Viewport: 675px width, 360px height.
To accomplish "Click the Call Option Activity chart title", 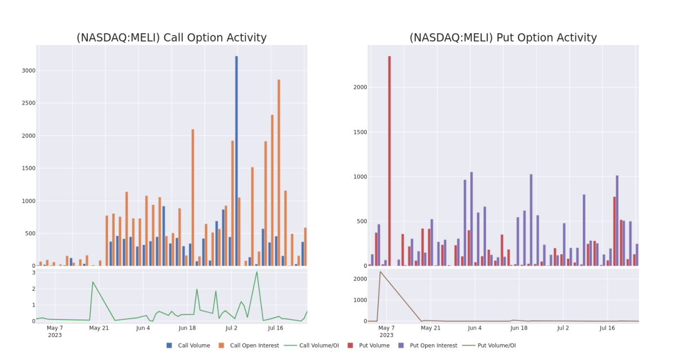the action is point(172,38).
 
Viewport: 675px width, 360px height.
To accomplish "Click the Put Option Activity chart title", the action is point(503,38).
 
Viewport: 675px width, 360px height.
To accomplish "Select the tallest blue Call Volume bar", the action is point(237,161).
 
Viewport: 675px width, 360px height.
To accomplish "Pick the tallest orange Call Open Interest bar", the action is point(279,173).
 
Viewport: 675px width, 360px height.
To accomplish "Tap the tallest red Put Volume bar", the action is point(389,161).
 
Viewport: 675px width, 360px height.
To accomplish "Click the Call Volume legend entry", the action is point(188,345).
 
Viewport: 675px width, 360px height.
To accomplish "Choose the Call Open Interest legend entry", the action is point(249,345).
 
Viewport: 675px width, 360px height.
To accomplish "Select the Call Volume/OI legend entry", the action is point(311,345).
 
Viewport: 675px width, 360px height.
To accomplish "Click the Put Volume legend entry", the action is point(368,345).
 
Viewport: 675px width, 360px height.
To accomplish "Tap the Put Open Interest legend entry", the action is point(427,345).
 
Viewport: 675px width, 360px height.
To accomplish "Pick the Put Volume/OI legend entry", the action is point(489,345).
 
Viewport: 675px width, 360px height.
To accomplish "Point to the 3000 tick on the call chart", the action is point(29,70).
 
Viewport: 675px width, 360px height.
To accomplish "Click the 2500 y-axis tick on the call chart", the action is point(29,103).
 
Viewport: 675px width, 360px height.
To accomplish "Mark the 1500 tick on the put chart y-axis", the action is point(360,132).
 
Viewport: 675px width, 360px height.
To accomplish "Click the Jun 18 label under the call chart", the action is point(187,328).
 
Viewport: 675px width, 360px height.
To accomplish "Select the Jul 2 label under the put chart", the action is point(563,328).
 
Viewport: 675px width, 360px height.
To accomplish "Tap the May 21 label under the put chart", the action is point(431,328).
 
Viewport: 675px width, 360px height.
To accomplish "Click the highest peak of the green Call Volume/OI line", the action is point(256,272).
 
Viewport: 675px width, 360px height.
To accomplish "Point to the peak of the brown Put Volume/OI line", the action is point(380,272).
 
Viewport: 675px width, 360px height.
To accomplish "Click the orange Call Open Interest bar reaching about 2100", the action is point(193,197).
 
